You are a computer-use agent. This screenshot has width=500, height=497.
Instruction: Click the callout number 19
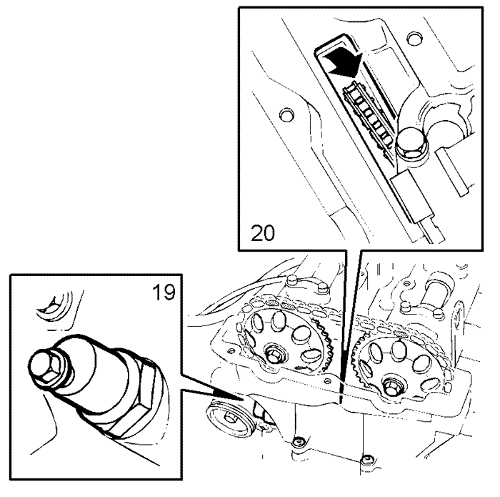[x=164, y=292]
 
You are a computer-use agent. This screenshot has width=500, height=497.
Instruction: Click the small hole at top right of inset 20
[x=414, y=38]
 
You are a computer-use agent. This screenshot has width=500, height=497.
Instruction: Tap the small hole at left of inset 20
[x=286, y=114]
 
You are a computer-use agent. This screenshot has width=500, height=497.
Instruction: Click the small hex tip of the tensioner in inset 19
[x=44, y=365]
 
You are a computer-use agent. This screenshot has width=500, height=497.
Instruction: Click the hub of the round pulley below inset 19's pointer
[x=228, y=416]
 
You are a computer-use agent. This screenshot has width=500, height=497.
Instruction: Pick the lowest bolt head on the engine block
[x=366, y=460]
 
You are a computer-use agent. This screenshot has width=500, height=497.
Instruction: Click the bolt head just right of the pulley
[x=298, y=441]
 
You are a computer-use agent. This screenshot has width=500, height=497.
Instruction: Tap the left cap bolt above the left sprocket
[x=291, y=280]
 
